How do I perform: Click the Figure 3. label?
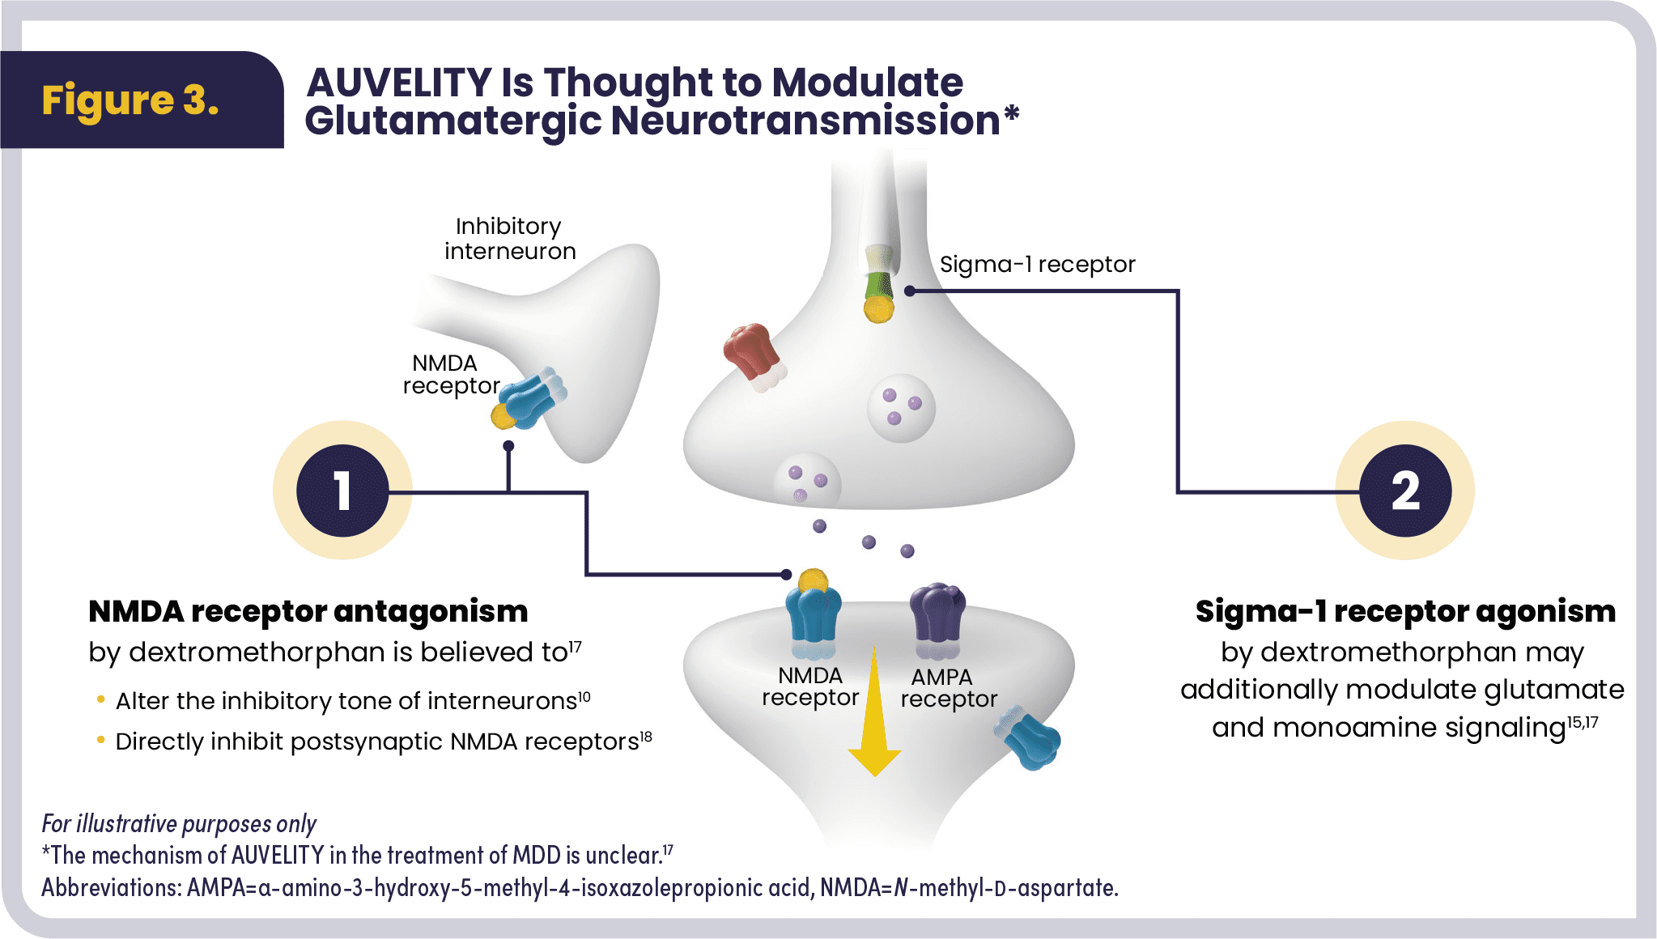tap(130, 100)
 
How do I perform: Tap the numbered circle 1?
tap(342, 491)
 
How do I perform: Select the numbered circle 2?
tap(1405, 491)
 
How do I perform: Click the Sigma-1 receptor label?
tap(1037, 265)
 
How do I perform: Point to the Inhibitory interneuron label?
tap(509, 238)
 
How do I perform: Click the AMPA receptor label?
tap(948, 688)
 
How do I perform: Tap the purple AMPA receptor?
tap(937, 615)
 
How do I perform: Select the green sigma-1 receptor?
tap(878, 283)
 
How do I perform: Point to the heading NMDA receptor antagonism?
tap(308, 611)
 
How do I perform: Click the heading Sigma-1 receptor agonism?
tap(1405, 611)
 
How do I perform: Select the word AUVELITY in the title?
tap(399, 83)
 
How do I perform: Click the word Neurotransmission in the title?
tap(805, 121)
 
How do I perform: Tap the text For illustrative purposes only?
tap(179, 824)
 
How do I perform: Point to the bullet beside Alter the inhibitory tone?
tap(100, 699)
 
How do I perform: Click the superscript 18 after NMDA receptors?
tap(646, 736)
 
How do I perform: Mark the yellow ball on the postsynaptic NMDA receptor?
tap(813, 581)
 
